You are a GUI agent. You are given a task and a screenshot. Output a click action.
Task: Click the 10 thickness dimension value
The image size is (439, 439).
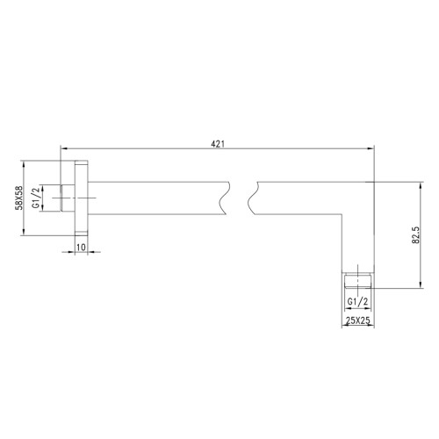pos(81,248)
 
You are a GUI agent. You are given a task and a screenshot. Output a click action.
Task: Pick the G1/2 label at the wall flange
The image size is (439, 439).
pos(36,198)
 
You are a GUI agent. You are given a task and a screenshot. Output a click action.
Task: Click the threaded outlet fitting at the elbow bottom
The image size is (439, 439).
pos(359,282)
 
